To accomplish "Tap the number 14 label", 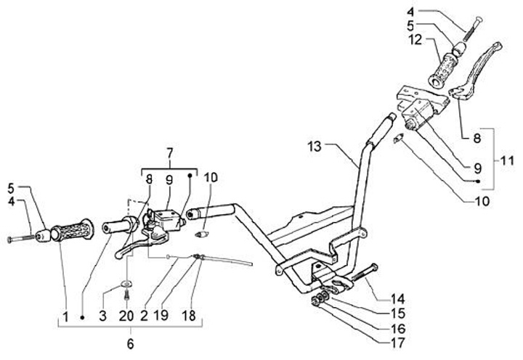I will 397,298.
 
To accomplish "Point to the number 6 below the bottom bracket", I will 131,341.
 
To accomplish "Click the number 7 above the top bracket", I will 169,153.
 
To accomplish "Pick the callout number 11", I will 504,158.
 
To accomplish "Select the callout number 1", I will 65,317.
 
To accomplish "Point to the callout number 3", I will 103,317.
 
